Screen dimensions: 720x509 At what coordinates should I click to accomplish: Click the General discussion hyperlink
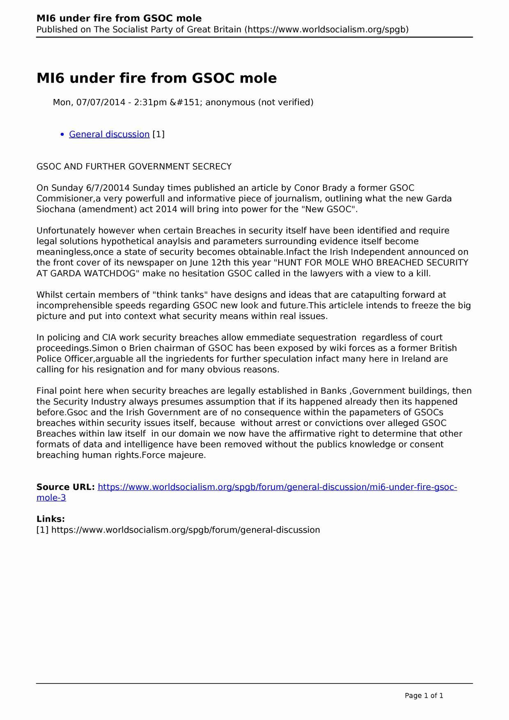109,134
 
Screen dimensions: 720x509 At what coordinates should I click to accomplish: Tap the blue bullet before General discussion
62,135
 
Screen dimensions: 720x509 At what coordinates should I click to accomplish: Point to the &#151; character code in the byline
186,102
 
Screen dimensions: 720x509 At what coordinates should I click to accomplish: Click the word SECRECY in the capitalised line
212,166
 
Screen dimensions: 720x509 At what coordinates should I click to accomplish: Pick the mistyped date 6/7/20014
108,188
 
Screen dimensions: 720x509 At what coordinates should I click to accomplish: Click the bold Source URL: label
66,487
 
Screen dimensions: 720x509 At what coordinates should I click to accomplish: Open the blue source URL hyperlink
277,487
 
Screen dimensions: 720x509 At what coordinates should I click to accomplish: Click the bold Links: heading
50,519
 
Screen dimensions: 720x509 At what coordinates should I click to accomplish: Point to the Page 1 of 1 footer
424,695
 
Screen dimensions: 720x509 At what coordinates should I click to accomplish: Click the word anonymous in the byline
230,102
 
